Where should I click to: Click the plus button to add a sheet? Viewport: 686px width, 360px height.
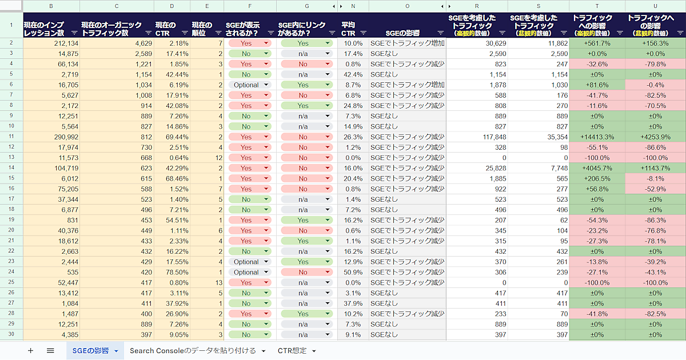(30, 350)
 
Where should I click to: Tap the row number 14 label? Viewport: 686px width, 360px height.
(11, 168)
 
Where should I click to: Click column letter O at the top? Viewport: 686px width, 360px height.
(407, 6)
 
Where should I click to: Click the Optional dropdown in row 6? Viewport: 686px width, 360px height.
(249, 85)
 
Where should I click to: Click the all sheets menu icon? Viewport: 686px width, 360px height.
(50, 350)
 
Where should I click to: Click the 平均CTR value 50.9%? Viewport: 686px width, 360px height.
(352, 272)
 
